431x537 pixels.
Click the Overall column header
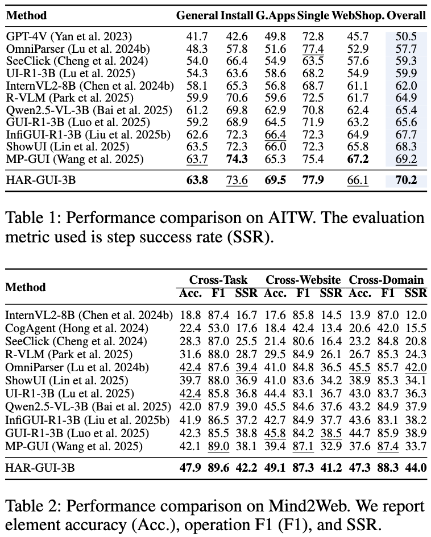coord(406,15)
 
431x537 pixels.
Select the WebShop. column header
coord(363,15)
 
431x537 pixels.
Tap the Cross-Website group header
coord(303,280)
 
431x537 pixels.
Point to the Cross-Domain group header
coord(386,280)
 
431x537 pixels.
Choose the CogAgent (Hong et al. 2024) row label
coord(77,328)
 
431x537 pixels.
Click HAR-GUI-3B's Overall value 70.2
coord(406,181)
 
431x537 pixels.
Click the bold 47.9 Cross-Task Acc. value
coord(190,469)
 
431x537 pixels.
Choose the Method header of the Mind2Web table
coord(25,287)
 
